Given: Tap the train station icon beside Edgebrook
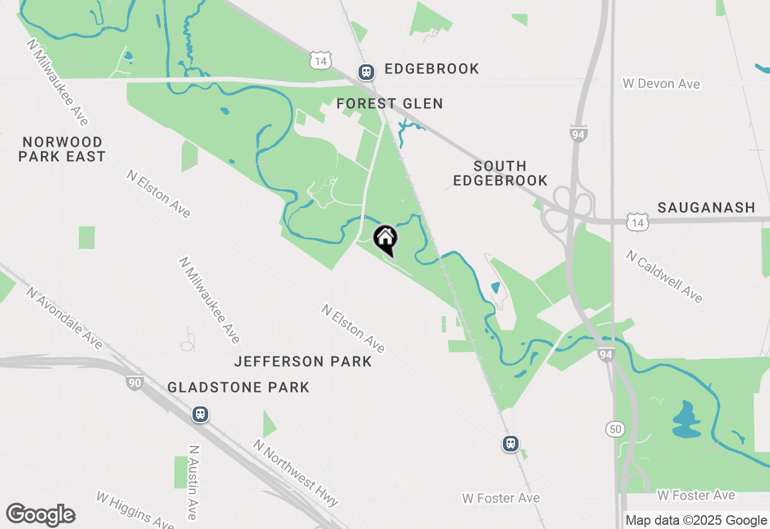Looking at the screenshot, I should (x=366, y=72).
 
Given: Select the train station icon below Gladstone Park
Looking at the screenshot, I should (x=200, y=414).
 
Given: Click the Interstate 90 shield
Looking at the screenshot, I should (x=134, y=382).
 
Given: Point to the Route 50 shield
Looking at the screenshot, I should (x=615, y=429).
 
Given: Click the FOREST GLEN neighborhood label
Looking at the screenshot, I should (x=389, y=104).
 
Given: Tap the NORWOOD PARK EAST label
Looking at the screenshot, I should (x=62, y=149).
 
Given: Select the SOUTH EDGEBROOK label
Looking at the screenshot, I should (x=500, y=173).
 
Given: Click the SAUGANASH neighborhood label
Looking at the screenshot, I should (x=706, y=208).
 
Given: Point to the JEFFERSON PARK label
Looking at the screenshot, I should (x=303, y=361).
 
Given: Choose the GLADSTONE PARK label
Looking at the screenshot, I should (x=238, y=387).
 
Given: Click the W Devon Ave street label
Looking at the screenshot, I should (x=661, y=84).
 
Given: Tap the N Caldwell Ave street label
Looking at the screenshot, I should (x=664, y=277).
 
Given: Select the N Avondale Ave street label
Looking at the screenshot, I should (x=64, y=317).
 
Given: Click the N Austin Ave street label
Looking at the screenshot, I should (x=192, y=482).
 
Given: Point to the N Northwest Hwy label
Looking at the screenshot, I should (x=295, y=472).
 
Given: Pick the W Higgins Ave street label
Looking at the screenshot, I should (x=135, y=510).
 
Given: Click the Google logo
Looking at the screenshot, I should (x=40, y=515).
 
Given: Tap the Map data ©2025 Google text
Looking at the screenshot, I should (x=696, y=520).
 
